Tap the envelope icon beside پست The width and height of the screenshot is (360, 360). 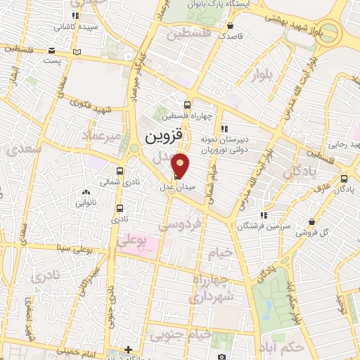[x=52, y=51]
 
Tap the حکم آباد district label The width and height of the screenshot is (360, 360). [x=300, y=348]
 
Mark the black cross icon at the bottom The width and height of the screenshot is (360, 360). [x=128, y=349]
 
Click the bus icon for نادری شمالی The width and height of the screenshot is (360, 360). [x=120, y=171]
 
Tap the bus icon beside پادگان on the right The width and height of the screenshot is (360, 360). [x=344, y=179]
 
